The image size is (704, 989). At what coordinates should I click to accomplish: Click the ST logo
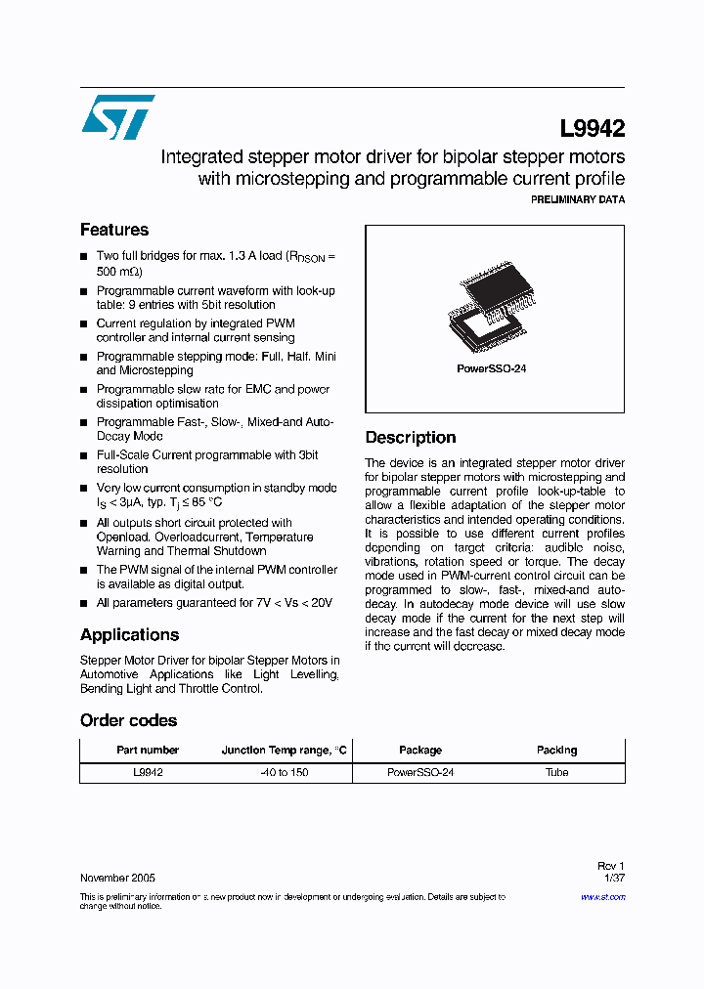(117, 117)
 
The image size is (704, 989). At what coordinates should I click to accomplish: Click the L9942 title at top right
(592, 128)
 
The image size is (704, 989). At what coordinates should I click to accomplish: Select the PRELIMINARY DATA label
(577, 199)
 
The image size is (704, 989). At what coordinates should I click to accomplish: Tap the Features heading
(114, 230)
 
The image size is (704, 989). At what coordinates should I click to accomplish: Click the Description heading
(410, 437)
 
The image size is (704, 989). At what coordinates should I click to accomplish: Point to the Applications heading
(129, 634)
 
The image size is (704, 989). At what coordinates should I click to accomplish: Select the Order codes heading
(128, 720)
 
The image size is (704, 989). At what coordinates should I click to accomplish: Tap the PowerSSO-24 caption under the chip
(492, 369)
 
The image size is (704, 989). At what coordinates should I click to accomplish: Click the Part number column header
(148, 750)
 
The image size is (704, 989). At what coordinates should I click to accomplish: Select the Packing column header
(556, 750)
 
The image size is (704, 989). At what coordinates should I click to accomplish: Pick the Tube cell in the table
(556, 772)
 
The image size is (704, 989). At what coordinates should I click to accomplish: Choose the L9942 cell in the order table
(148, 772)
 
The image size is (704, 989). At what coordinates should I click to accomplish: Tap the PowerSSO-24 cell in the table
(420, 772)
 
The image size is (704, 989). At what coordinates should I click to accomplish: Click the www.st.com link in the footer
(606, 896)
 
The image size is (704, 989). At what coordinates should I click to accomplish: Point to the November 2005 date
(116, 878)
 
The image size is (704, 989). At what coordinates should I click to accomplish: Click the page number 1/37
(614, 878)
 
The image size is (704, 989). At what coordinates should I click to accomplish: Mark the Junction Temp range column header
(284, 750)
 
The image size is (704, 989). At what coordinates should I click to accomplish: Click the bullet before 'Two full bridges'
(84, 257)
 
